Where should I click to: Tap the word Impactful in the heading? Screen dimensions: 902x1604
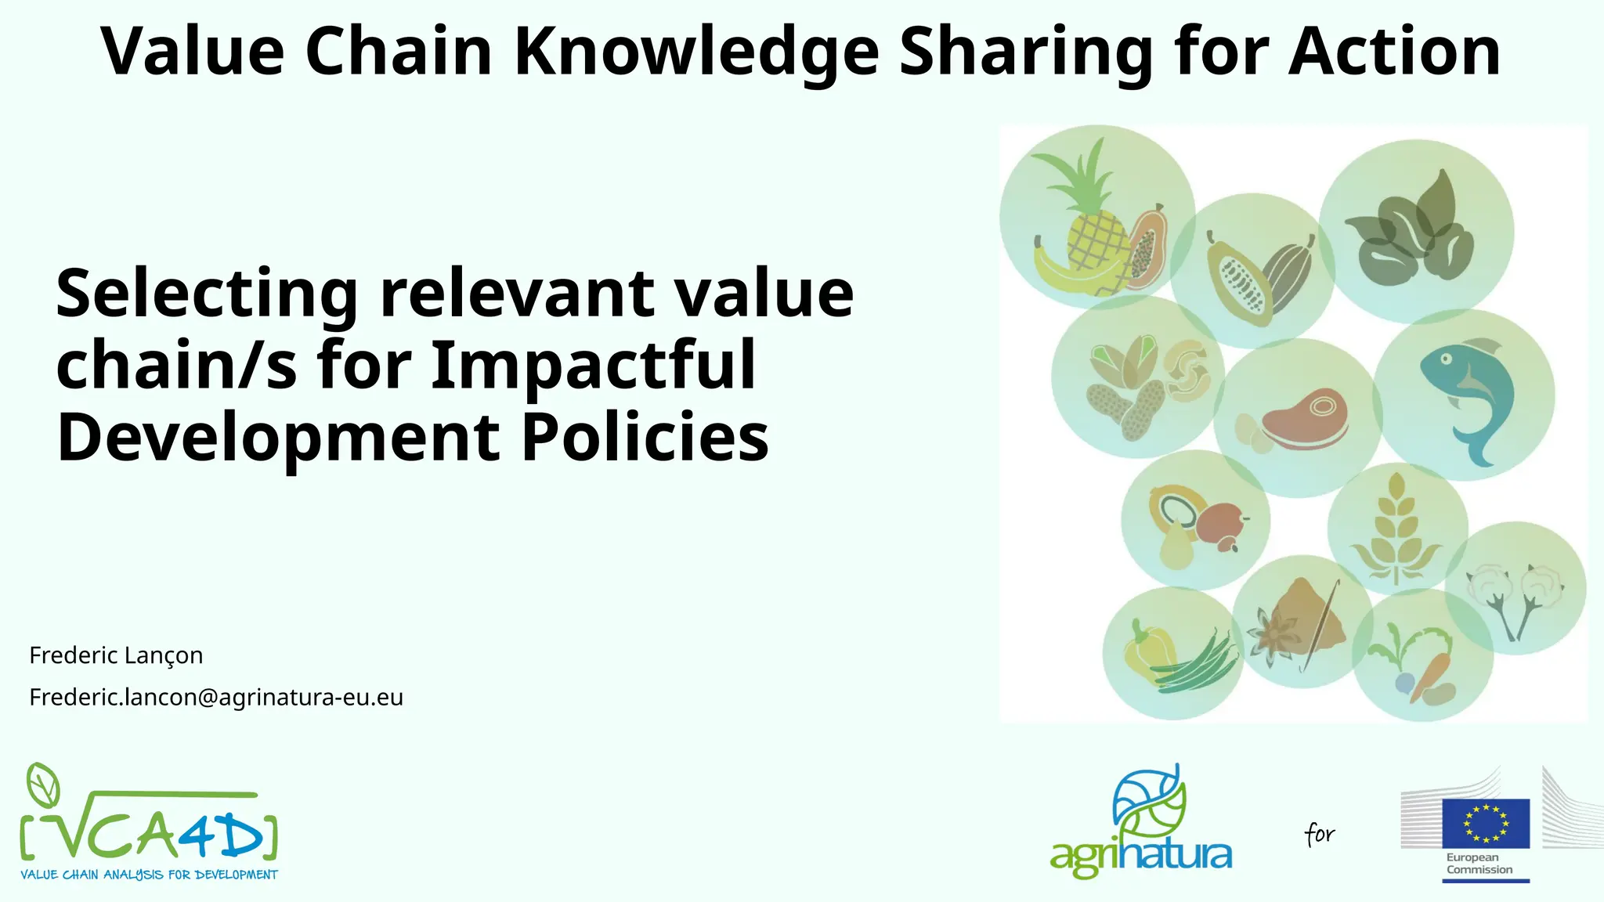click(594, 365)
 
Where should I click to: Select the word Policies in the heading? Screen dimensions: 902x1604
click(645, 437)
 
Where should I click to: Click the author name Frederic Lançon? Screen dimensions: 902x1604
click(116, 655)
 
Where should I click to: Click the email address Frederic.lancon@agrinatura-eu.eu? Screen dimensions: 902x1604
click(216, 697)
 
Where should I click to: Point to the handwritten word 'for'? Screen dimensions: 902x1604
click(1320, 834)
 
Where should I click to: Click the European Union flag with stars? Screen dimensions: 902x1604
click(1486, 823)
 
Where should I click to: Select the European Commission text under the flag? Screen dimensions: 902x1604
click(1479, 864)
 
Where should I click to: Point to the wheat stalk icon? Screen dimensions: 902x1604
click(1396, 529)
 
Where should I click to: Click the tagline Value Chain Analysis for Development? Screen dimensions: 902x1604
click(149, 875)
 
